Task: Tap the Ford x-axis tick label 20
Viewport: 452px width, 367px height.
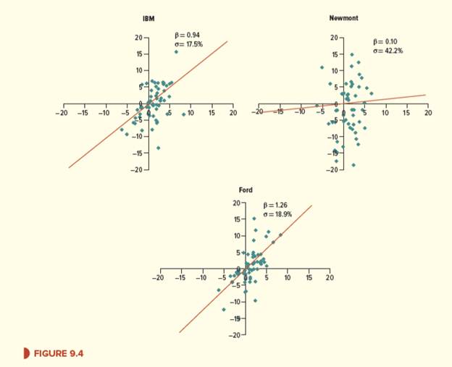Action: [330, 278]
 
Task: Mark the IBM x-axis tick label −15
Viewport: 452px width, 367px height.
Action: [83, 113]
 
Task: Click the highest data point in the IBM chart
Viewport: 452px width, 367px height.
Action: [176, 52]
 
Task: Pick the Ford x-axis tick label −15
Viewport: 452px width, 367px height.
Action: [181, 278]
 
